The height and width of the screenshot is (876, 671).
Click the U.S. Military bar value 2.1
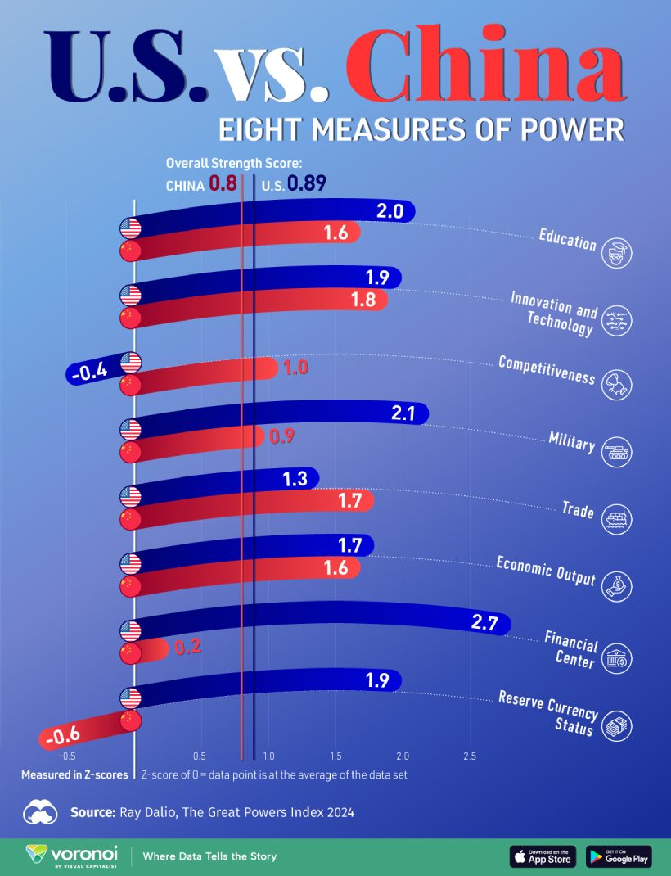point(404,414)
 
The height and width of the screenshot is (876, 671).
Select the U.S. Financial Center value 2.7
point(485,623)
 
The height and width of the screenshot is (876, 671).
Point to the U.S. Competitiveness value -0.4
point(88,372)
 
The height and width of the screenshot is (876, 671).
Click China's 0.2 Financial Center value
point(187,648)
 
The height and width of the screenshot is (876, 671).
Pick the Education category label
point(567,238)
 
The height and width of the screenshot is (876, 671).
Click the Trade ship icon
point(615,520)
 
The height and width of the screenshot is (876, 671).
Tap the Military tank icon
point(615,453)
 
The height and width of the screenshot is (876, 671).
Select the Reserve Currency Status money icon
point(615,726)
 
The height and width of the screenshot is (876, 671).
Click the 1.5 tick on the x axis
point(335,756)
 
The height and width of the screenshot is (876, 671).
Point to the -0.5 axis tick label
point(65,756)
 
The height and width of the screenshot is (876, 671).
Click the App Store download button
point(543,856)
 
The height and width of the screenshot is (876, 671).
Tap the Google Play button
point(619,856)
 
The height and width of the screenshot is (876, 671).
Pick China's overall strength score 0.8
point(223,184)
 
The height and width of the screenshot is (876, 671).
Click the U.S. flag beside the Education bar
point(130,228)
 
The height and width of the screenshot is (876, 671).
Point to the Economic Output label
point(546,570)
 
